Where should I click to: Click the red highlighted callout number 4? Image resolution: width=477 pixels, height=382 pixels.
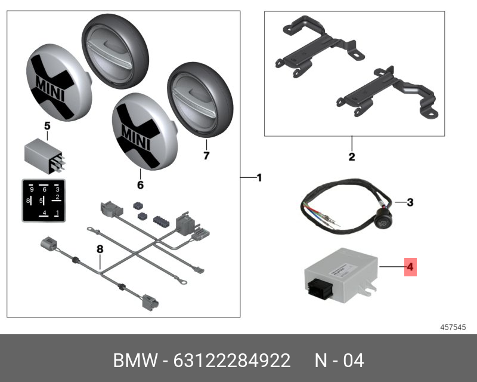(410, 266)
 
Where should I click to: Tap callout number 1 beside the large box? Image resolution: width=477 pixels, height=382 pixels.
(259, 177)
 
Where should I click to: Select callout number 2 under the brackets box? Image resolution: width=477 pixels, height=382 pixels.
(352, 157)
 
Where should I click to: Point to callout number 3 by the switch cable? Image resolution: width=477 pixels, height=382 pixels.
(410, 202)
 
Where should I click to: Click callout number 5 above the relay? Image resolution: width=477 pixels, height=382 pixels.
(47, 126)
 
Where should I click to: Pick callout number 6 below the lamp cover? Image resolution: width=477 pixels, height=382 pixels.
(141, 185)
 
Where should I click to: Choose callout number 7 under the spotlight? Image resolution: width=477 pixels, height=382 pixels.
(206, 156)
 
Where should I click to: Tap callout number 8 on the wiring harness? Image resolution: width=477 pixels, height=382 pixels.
(100, 248)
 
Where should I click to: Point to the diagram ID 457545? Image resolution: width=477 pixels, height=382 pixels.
(453, 327)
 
